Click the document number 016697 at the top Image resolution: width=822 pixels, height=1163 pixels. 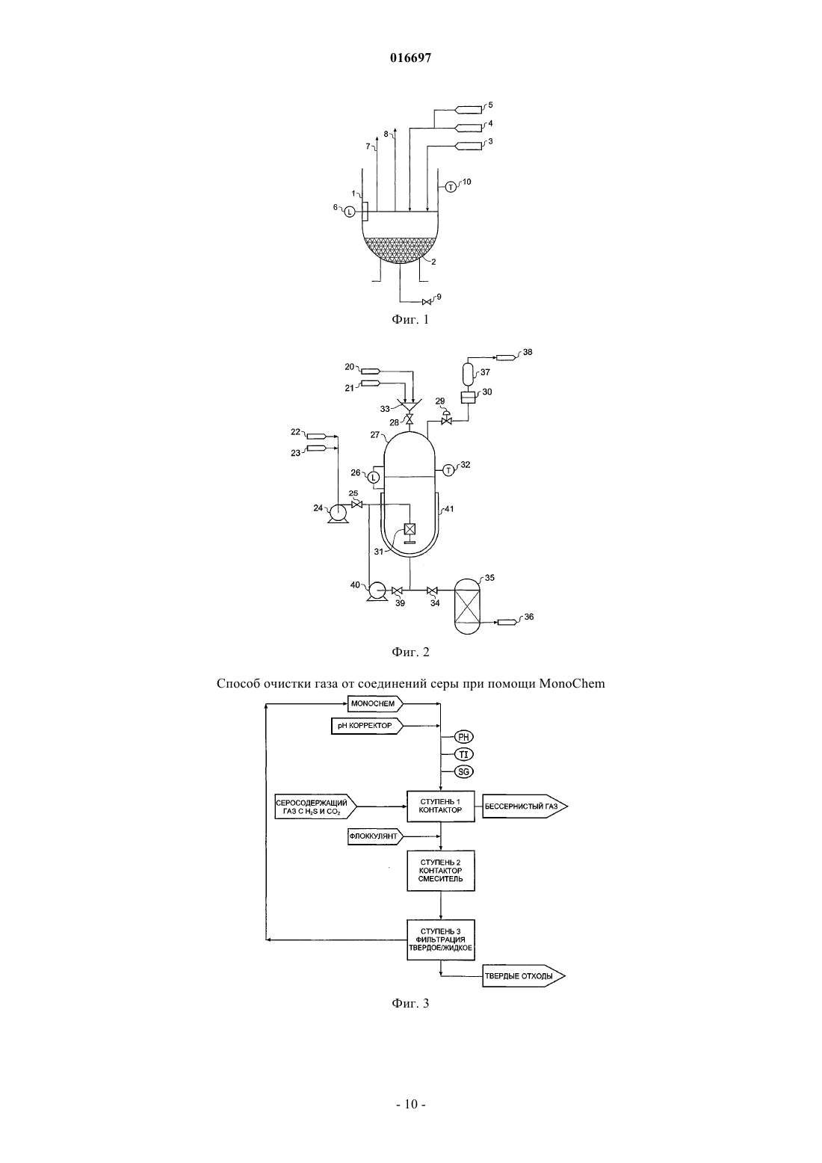(410, 58)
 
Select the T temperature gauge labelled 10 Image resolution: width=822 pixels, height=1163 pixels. (451, 186)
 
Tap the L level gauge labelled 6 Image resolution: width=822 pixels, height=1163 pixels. (350, 212)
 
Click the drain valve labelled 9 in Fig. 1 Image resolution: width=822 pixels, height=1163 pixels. (427, 302)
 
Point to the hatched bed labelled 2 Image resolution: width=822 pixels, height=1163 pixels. (399, 249)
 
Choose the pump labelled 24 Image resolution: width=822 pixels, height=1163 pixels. (339, 513)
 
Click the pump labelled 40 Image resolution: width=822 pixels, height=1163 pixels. (376, 591)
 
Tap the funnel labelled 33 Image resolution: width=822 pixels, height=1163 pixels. (409, 405)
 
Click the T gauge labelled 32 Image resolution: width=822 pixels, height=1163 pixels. (448, 470)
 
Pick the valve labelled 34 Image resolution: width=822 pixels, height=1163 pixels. (432, 591)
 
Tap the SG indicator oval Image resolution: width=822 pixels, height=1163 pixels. (464, 771)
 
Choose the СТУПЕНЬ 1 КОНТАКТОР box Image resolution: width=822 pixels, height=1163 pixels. (441, 806)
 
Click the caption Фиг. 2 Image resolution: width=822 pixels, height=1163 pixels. (410, 652)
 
